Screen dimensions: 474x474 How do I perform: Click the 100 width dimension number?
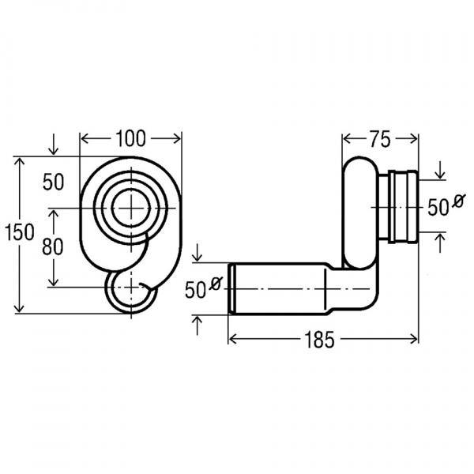[x=130, y=139]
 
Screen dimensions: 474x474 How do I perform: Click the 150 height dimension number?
[x=20, y=232]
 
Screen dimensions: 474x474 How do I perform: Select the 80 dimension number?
[x=53, y=246]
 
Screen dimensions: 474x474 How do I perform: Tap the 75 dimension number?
[x=380, y=140]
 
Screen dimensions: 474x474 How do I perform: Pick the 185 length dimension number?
[x=319, y=340]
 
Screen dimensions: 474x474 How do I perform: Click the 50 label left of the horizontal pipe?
[x=195, y=290]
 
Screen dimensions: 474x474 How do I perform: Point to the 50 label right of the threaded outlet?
[x=438, y=208]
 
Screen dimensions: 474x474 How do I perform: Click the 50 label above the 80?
[x=54, y=182]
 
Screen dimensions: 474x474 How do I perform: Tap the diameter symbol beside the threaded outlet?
[x=458, y=201]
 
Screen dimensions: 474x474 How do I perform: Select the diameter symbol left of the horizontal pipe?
[x=216, y=284]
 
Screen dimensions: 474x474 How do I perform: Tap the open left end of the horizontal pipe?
[x=231, y=289]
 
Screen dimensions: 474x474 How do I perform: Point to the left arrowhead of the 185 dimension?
[x=232, y=340]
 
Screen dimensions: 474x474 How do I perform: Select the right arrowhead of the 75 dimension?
[x=414, y=139]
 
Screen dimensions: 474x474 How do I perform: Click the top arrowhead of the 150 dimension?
[x=19, y=162]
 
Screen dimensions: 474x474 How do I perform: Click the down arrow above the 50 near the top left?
[x=54, y=145]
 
